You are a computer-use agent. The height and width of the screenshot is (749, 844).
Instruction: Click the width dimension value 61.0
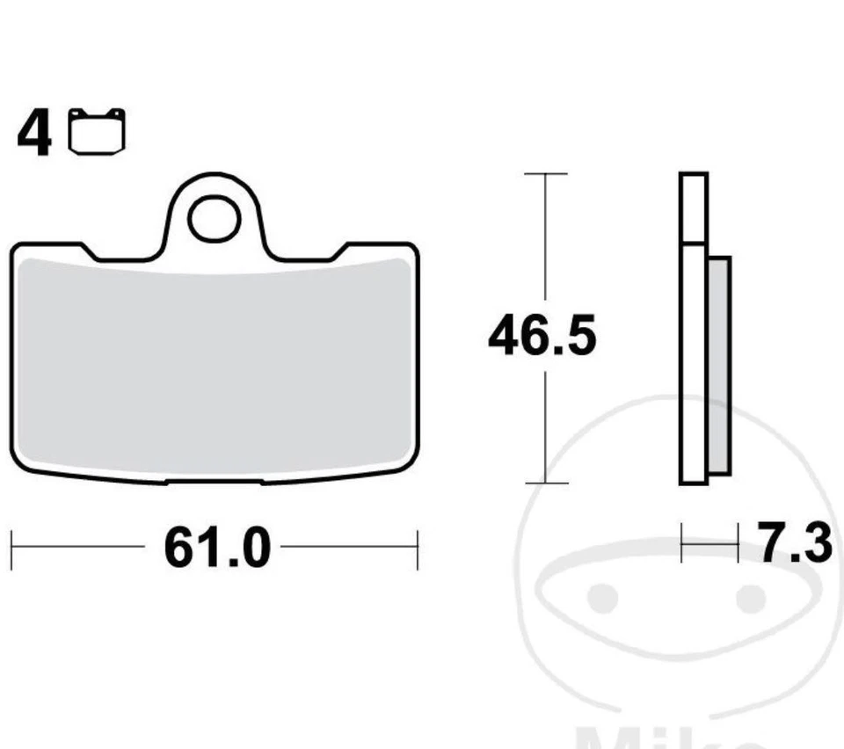(x=216, y=549)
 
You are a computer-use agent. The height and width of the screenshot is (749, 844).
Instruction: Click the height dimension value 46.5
(x=542, y=338)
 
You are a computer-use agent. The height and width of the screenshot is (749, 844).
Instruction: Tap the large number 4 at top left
(x=34, y=135)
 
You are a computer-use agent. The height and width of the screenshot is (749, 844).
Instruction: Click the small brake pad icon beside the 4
(x=97, y=131)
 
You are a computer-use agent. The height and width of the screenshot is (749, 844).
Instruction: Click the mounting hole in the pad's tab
(x=214, y=219)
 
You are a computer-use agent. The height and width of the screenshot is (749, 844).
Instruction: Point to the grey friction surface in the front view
(x=214, y=369)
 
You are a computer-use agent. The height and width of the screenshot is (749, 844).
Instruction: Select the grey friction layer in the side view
(x=718, y=365)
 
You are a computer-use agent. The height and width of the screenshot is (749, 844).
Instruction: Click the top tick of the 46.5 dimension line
(x=546, y=174)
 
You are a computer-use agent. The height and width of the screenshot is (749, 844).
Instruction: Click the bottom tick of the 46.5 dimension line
(x=546, y=483)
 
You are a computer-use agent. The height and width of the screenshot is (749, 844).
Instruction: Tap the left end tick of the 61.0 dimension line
(x=11, y=549)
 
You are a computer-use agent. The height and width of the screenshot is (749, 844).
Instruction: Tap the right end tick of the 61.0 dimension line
(x=417, y=549)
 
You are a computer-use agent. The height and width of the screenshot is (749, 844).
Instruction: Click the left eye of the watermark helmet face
(x=603, y=598)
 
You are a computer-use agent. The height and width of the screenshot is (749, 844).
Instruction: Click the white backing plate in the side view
(x=693, y=365)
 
